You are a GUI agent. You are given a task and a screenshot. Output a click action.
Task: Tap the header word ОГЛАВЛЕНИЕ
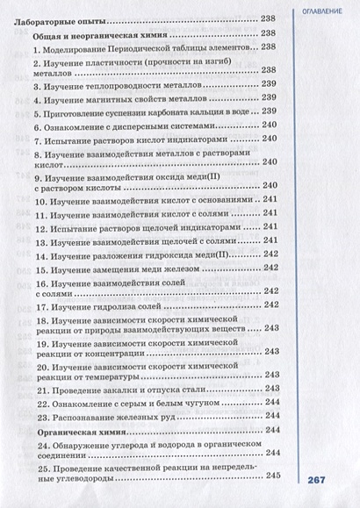click(324, 10)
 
